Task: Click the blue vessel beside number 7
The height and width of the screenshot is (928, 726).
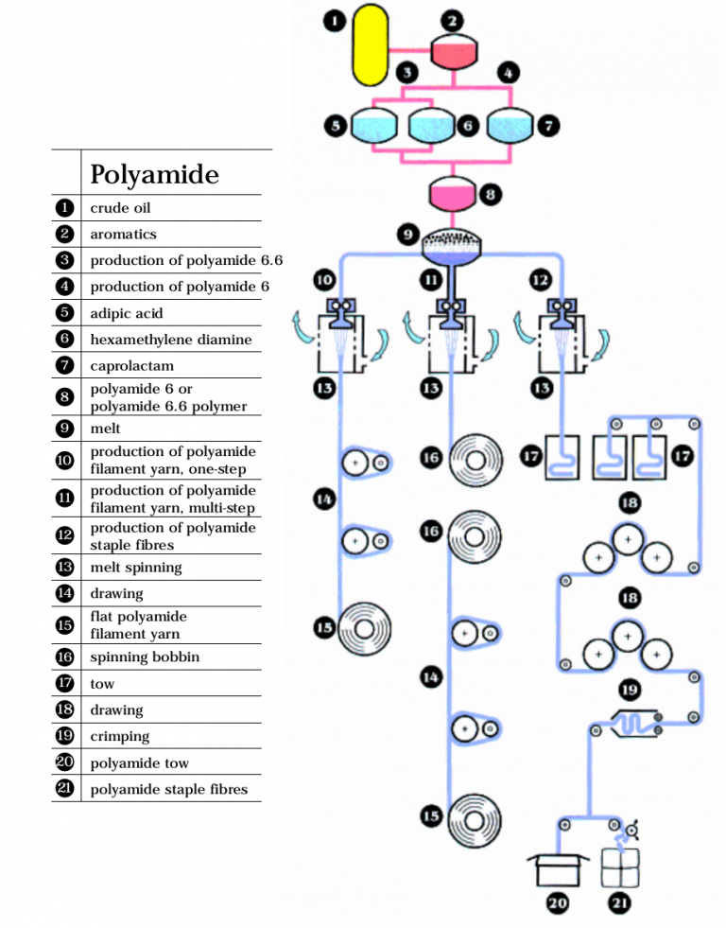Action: click(x=510, y=126)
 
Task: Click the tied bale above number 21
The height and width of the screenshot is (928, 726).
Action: click(x=620, y=865)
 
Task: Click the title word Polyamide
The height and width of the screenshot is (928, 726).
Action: click(x=154, y=174)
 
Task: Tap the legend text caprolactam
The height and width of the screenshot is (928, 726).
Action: click(x=131, y=365)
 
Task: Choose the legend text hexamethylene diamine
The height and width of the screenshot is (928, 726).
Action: click(x=170, y=339)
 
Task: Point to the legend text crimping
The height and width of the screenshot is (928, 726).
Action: click(x=119, y=736)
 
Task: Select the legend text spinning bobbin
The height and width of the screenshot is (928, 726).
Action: click(x=145, y=657)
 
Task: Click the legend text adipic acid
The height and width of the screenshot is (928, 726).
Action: click(x=126, y=312)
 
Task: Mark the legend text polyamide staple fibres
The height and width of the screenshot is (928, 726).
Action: click(x=168, y=789)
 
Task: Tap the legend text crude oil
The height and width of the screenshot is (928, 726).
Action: click(x=120, y=207)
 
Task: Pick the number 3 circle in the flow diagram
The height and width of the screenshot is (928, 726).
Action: click(x=407, y=72)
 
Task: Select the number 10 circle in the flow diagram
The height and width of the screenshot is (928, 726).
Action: click(x=324, y=280)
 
